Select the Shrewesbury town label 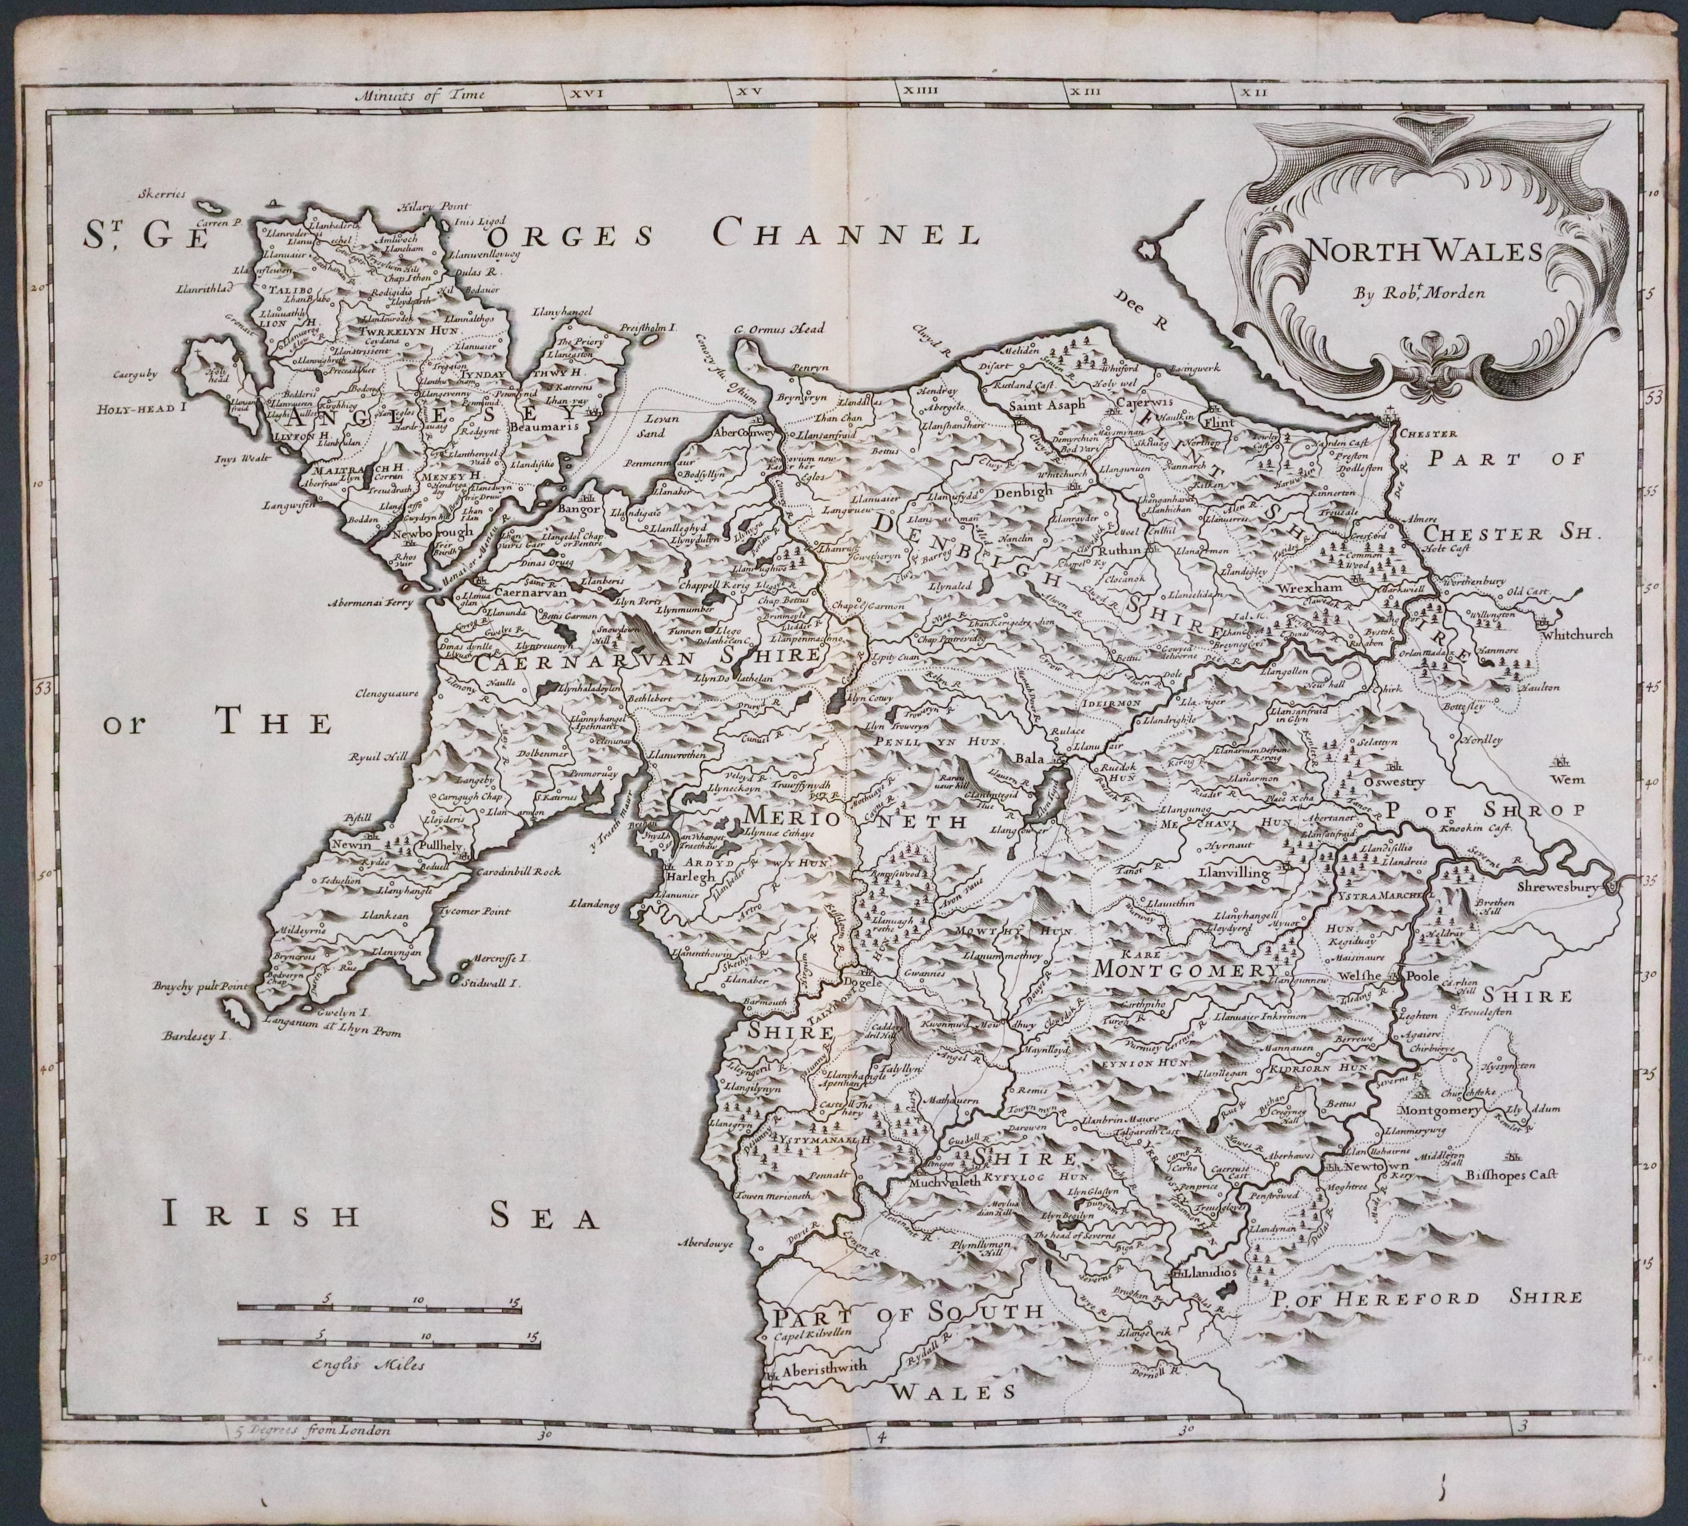(1557, 888)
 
